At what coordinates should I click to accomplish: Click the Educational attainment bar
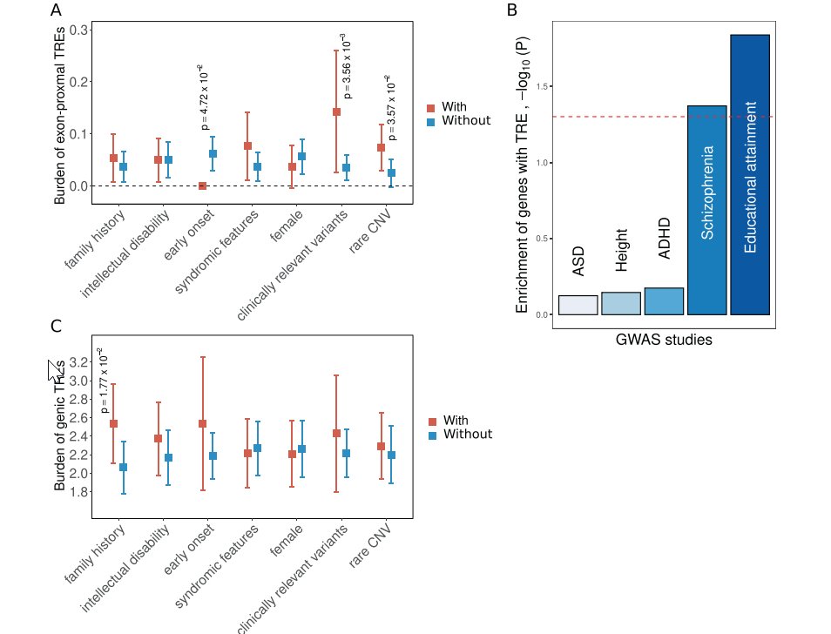tap(749, 174)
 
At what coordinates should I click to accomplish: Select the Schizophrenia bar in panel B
tap(706, 210)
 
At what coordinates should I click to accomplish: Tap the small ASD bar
tap(578, 305)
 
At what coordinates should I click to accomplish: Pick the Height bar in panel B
tap(621, 303)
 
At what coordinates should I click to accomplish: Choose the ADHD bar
tap(664, 300)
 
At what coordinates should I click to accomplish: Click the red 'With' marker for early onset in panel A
tap(202, 185)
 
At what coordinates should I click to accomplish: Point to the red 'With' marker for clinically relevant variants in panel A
tap(336, 112)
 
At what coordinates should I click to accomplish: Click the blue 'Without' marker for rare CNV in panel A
tap(391, 173)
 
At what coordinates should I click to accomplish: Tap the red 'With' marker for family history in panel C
tap(113, 424)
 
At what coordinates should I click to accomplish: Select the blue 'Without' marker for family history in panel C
tap(124, 468)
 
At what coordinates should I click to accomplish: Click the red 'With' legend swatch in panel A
tap(430, 107)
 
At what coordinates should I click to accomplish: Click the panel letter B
tap(512, 10)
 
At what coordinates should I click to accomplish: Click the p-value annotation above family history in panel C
tap(103, 381)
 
